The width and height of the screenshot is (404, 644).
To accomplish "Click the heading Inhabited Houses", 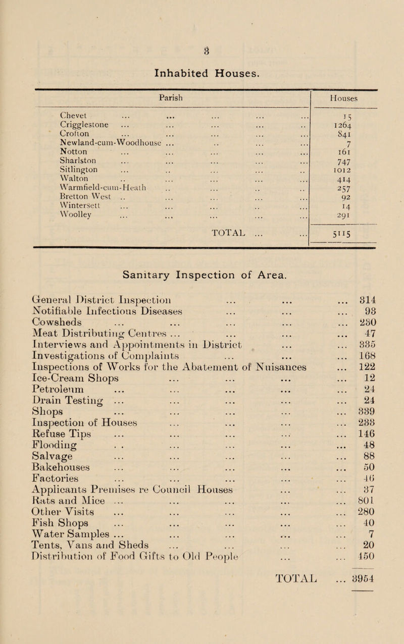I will (x=201, y=73).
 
